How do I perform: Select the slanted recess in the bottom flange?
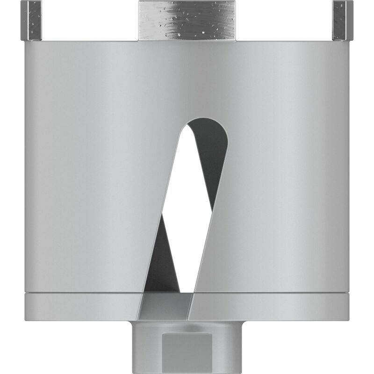[166, 309]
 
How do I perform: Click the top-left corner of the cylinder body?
[26, 42]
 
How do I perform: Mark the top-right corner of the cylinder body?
[349, 42]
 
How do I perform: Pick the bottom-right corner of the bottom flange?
[349, 320]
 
